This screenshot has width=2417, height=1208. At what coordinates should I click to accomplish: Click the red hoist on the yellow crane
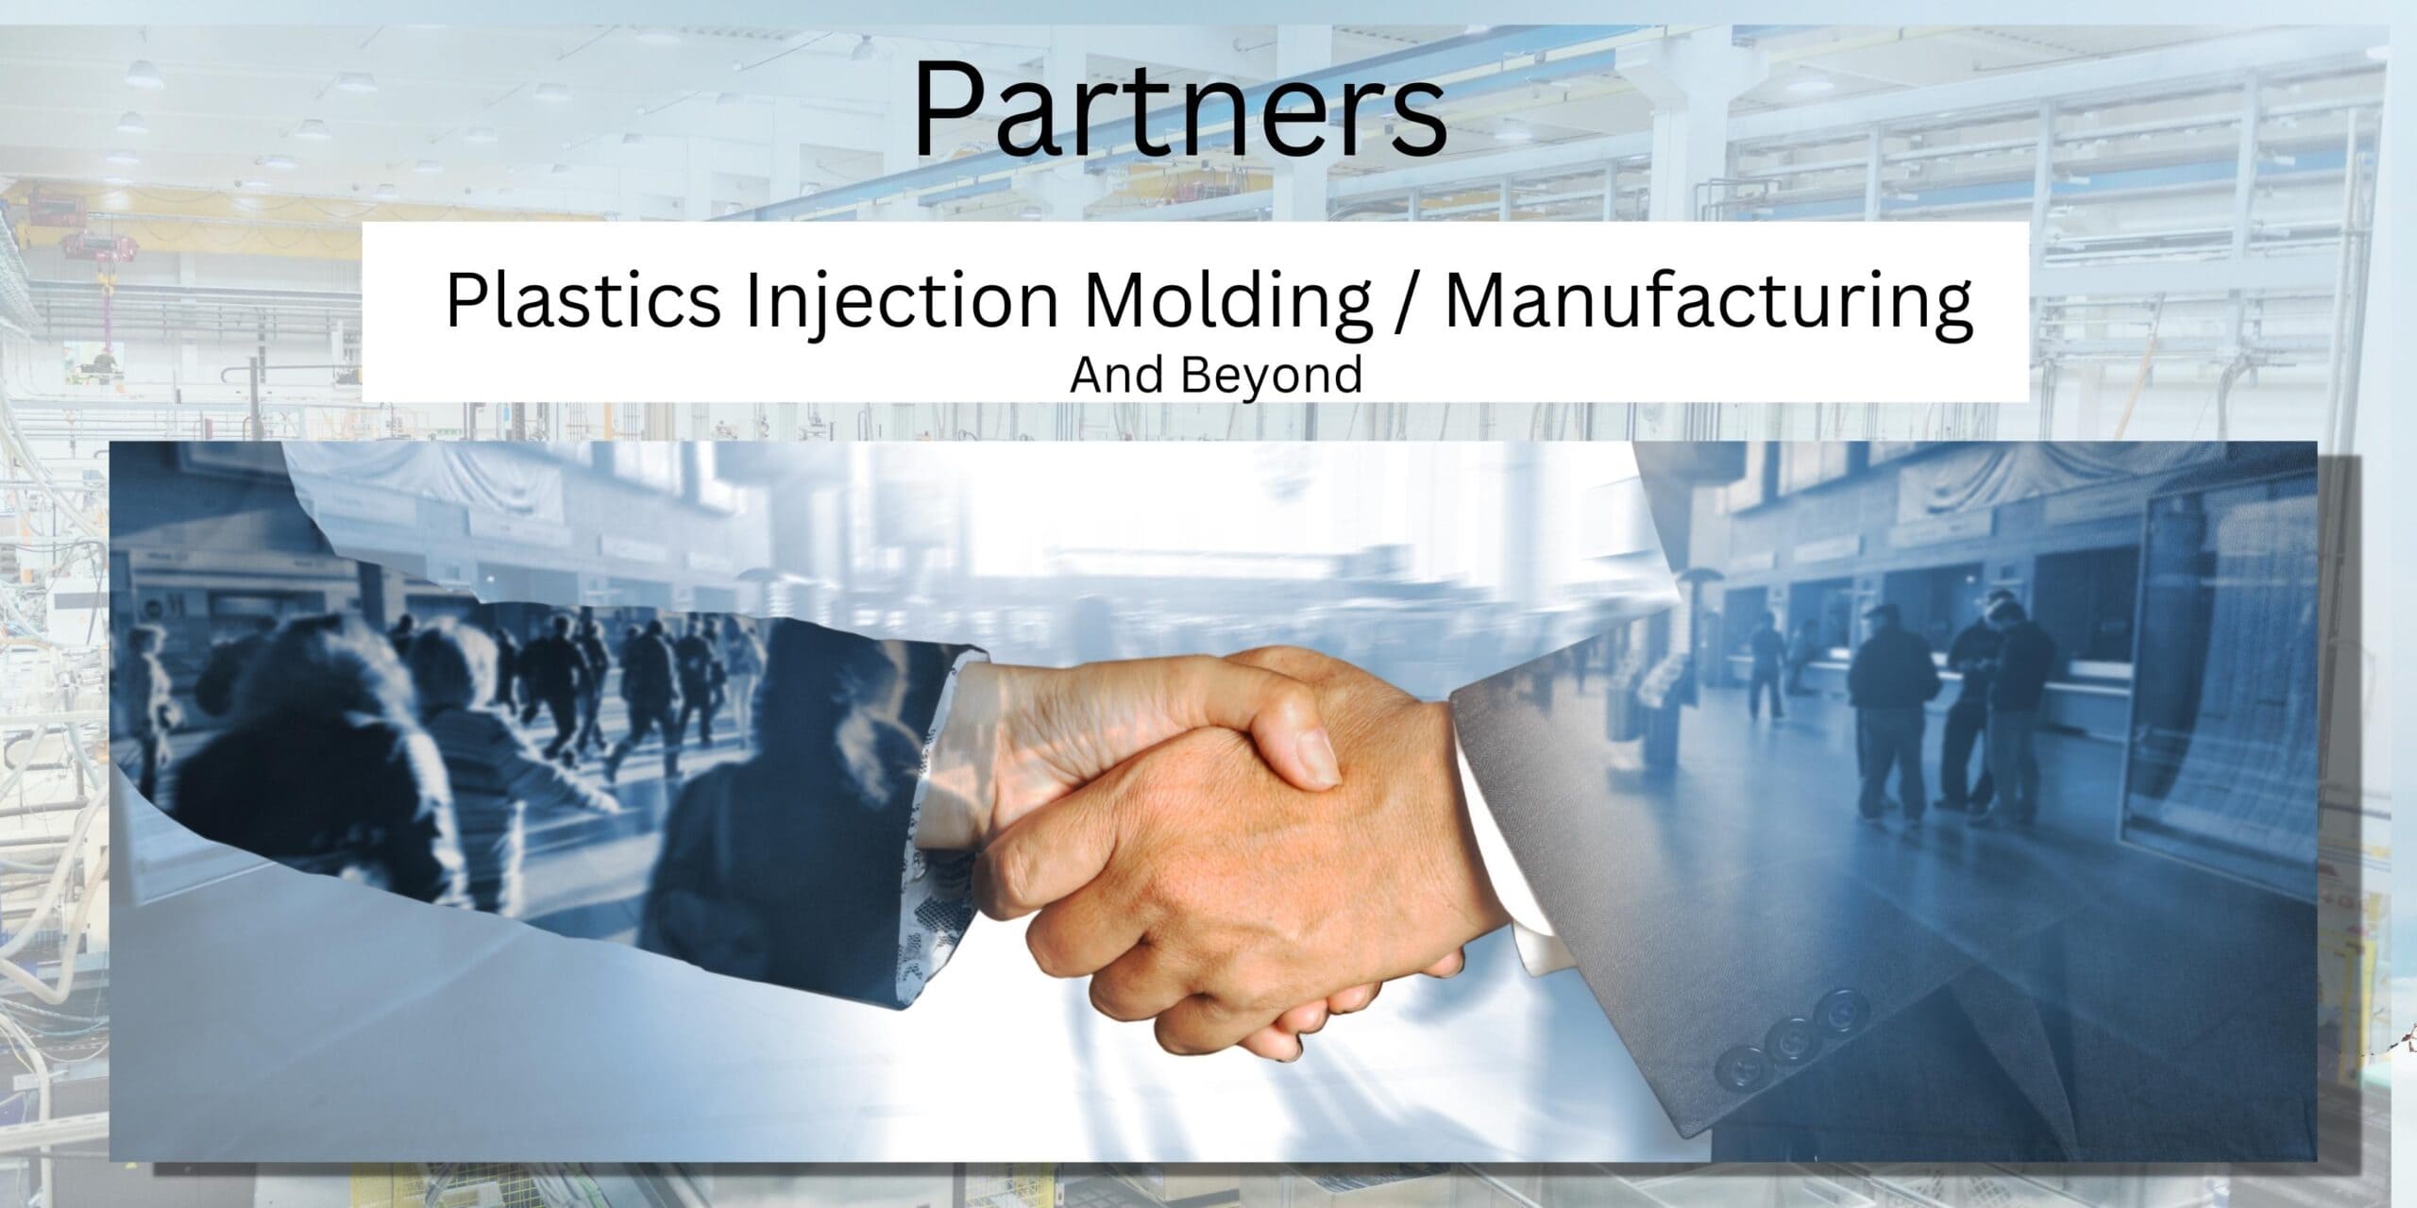tap(81, 244)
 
